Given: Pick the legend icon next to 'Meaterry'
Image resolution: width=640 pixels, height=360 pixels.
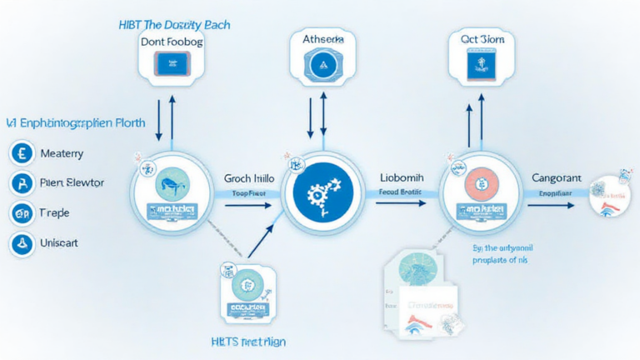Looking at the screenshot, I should point(21,153).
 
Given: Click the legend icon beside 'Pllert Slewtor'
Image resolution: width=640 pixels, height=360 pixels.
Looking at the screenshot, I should point(21,183).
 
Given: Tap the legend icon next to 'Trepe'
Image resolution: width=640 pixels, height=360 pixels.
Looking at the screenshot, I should point(21,213).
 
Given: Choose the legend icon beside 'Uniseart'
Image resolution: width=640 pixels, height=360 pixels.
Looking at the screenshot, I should point(21,243).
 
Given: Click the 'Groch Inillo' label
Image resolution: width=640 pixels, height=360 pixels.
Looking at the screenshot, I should point(249,178).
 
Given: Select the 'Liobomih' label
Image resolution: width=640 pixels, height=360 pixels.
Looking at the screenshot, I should point(402,178).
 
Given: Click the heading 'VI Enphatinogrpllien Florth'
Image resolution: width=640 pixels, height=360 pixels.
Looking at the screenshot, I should point(76,122).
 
